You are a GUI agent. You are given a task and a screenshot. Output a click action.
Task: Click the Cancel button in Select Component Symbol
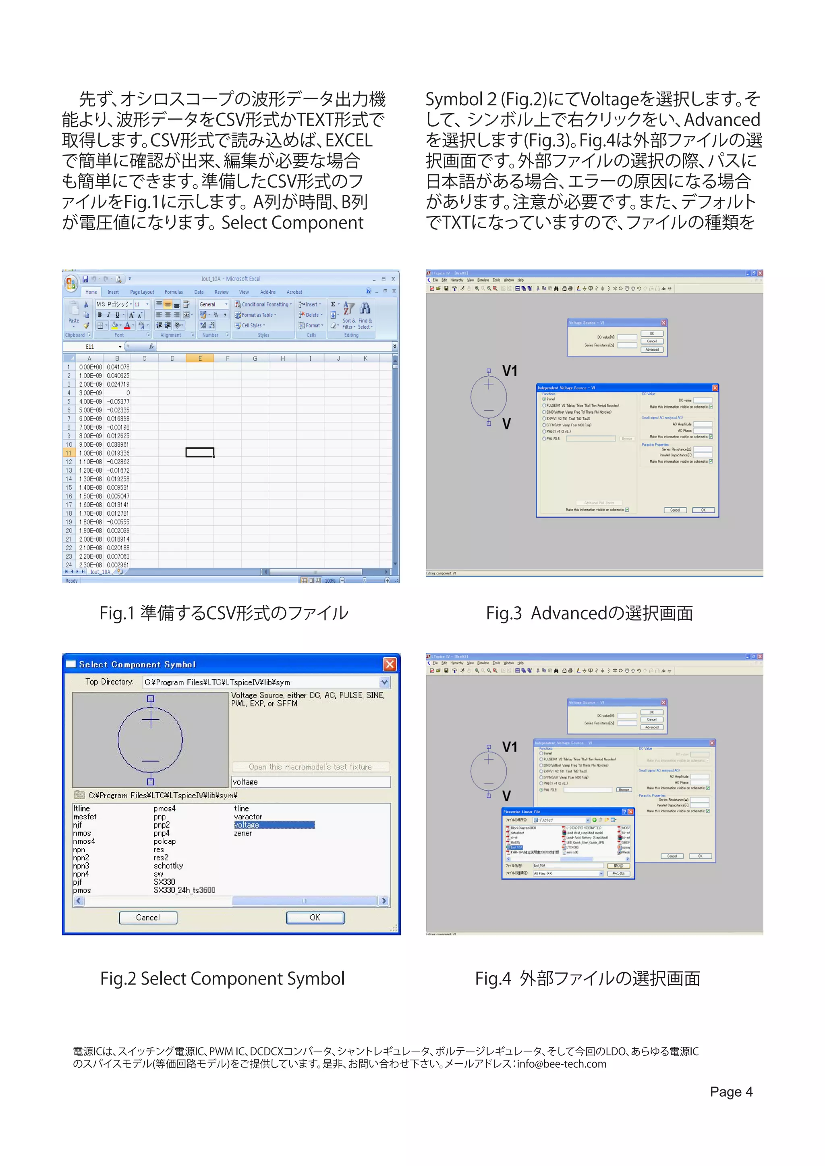pyautogui.click(x=148, y=917)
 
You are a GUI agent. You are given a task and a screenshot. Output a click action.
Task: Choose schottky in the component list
pyautogui.click(x=168, y=866)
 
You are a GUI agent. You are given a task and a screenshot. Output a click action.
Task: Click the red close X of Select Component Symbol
pyautogui.click(x=390, y=664)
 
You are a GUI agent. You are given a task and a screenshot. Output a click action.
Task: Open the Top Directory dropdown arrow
pyautogui.click(x=385, y=682)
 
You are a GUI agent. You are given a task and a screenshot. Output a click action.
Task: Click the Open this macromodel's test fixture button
pyautogui.click(x=311, y=767)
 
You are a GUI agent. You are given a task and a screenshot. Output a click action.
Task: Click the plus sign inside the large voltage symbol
pyautogui.click(x=150, y=720)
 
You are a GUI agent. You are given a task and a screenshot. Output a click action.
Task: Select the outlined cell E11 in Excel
pyautogui.click(x=200, y=452)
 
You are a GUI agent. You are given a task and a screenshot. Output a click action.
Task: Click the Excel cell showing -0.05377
pyautogui.click(x=118, y=401)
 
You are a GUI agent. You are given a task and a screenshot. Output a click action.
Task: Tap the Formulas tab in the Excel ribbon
pyautogui.click(x=173, y=292)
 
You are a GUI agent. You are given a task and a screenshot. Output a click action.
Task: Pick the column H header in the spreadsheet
pyautogui.click(x=282, y=358)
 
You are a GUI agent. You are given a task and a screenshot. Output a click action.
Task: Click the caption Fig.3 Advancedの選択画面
pyautogui.click(x=589, y=613)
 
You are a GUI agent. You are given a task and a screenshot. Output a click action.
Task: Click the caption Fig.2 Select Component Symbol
pyautogui.click(x=222, y=979)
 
